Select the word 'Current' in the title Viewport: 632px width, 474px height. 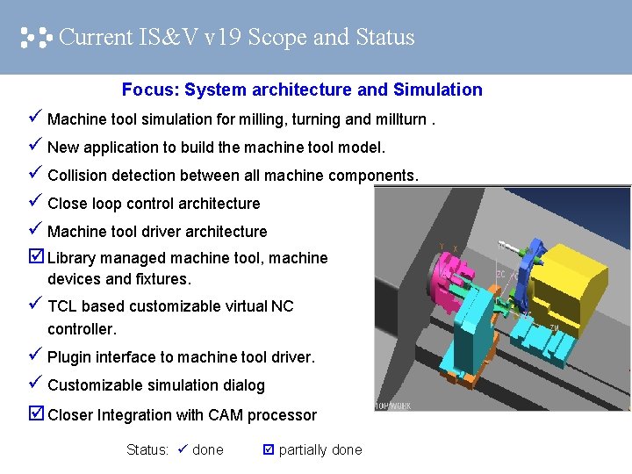click(96, 38)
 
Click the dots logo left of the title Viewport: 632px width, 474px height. click(36, 38)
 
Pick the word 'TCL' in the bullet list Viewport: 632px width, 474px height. click(63, 306)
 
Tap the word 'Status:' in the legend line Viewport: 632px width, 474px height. click(147, 450)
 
